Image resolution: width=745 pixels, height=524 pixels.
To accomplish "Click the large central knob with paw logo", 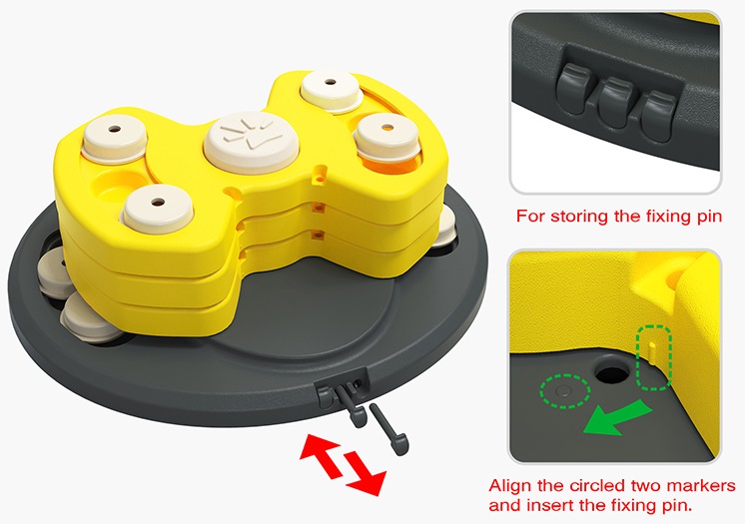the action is (252, 141).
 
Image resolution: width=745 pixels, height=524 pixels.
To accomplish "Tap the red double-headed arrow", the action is (343, 465).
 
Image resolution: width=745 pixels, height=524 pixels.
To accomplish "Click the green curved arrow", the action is (616, 417).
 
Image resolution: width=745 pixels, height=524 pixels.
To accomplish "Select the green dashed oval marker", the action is (565, 391).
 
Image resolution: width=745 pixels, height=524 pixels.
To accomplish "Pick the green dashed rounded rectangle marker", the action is (654, 357).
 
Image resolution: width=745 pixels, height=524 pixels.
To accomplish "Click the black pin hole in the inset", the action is (612, 373).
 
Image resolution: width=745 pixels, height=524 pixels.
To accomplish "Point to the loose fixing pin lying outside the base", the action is (389, 429).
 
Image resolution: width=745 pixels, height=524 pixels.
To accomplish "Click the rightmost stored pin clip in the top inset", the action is (659, 117).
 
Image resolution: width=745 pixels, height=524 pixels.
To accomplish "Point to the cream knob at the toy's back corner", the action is (332, 90).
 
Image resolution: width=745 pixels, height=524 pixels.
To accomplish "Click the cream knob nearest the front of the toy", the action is (157, 208).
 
